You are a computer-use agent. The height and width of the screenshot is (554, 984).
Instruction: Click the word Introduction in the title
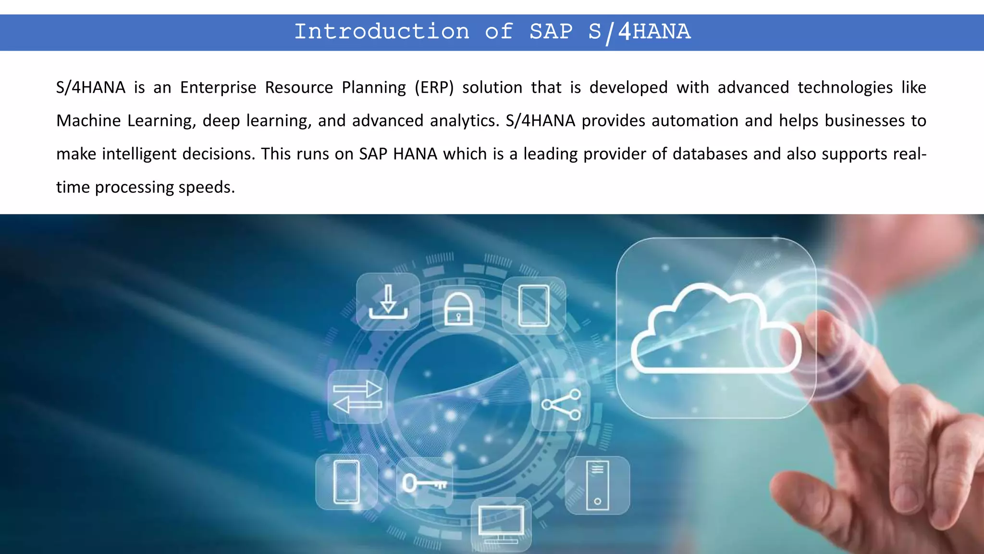point(381,32)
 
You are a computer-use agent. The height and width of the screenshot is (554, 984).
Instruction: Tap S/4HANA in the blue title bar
point(639,32)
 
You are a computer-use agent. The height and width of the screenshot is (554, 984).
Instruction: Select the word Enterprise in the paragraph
point(218,88)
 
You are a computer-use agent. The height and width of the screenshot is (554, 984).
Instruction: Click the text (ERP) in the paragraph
point(434,88)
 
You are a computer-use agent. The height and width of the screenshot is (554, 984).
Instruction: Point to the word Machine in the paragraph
point(88,121)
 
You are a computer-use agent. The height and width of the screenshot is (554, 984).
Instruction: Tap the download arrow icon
point(388,302)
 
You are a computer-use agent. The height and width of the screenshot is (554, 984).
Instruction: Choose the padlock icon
point(458,309)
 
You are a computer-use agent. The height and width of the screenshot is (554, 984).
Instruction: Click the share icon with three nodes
point(561,404)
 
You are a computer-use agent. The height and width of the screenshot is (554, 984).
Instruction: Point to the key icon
point(424,483)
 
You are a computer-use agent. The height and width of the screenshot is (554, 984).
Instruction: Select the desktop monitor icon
point(501,524)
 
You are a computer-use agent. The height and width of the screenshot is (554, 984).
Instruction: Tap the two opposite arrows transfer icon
point(357,397)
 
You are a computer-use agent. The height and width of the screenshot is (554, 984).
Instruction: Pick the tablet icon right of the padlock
point(534,306)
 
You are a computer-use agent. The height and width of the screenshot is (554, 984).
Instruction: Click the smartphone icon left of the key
point(346,482)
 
